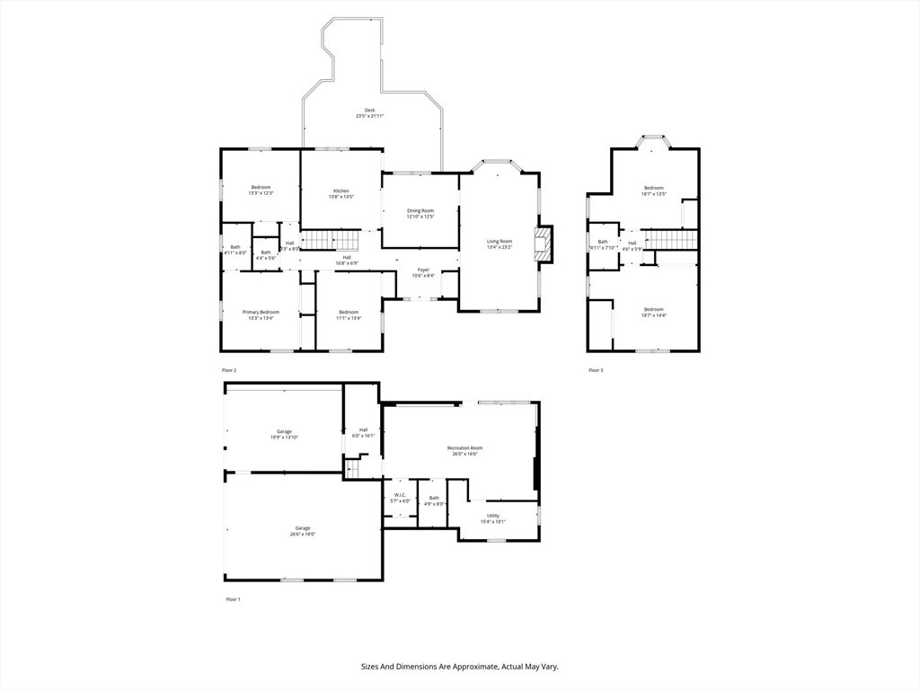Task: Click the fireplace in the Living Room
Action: [x=544, y=243]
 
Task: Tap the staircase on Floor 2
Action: [x=329, y=241]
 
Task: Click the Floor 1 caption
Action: [x=233, y=598]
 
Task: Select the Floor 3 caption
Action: [x=597, y=370]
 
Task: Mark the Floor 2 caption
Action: [x=229, y=370]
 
